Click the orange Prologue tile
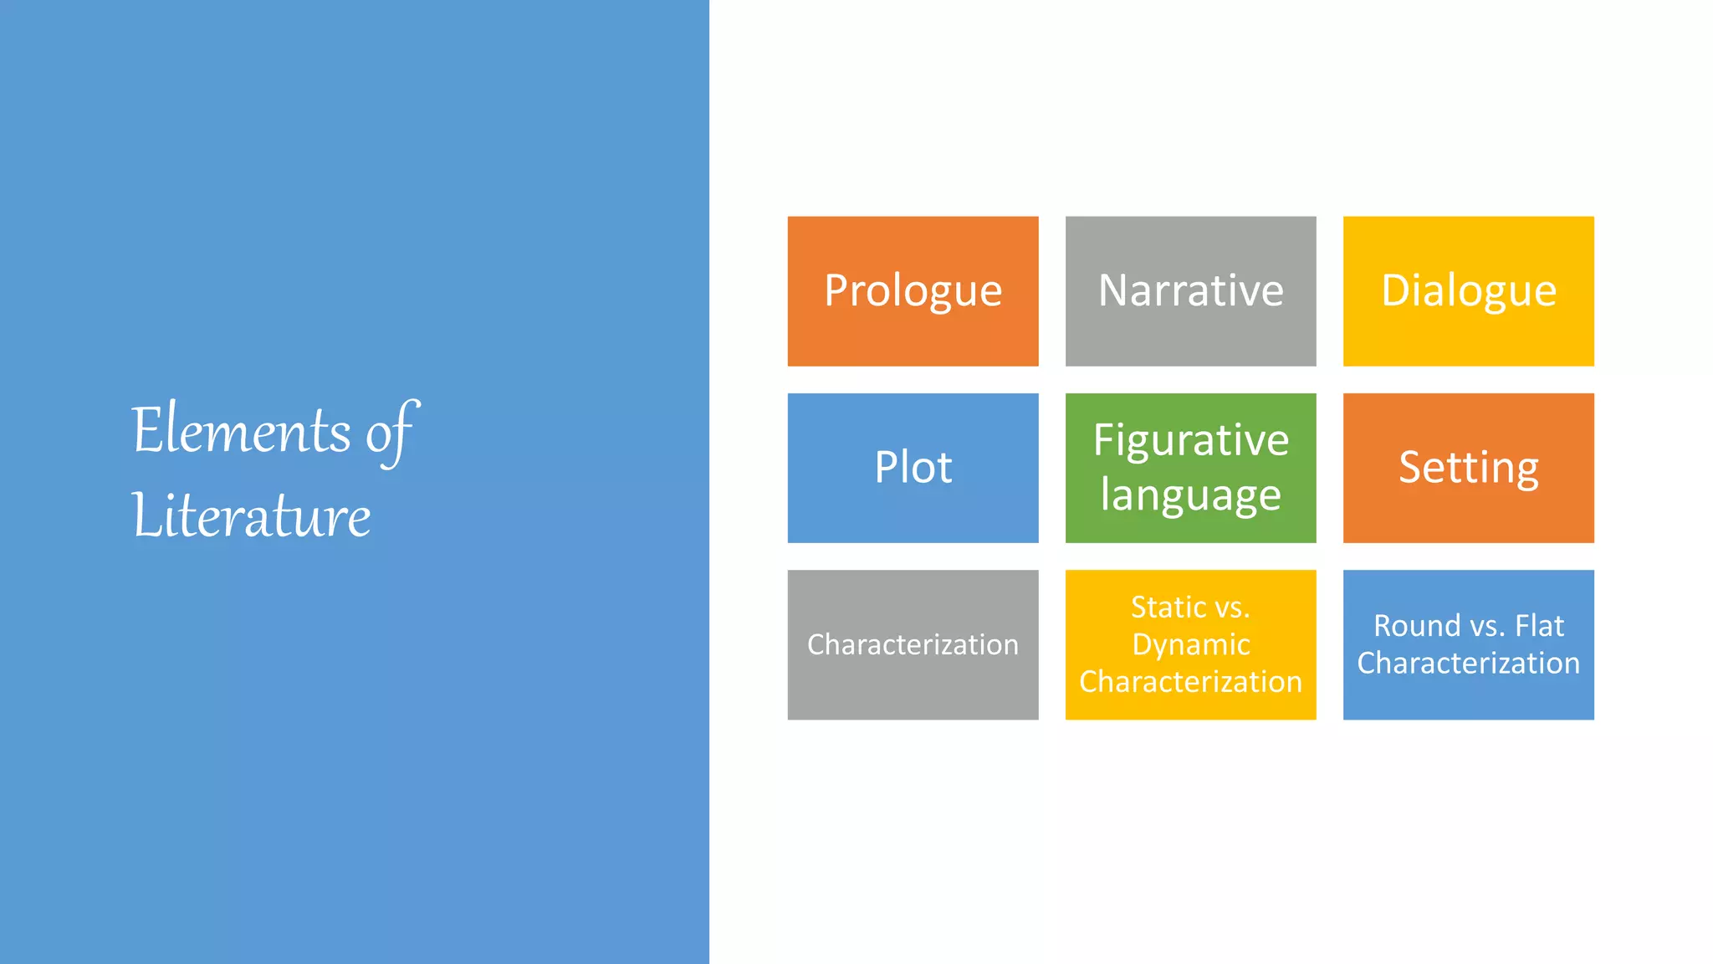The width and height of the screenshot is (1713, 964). (x=913, y=291)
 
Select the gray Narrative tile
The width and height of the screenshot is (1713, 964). (x=1190, y=291)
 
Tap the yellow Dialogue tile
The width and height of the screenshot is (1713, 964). (x=1468, y=291)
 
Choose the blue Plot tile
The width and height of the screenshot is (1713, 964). (x=913, y=468)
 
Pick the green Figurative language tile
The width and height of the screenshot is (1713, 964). (x=1190, y=468)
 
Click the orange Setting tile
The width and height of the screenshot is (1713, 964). (x=1468, y=468)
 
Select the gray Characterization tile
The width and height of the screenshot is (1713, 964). (x=913, y=644)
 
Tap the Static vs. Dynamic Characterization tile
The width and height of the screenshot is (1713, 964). (x=1190, y=644)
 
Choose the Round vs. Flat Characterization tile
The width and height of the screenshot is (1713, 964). (x=1468, y=644)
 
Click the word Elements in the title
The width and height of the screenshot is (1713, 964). (x=241, y=431)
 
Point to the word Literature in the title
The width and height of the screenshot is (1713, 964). (x=251, y=516)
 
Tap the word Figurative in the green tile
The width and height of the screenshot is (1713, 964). (x=1190, y=441)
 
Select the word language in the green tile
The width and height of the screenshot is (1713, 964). (x=1190, y=495)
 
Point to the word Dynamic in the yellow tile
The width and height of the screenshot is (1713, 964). (x=1190, y=645)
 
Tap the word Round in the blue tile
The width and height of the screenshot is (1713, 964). (x=1416, y=626)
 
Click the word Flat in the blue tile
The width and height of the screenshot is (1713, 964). (x=1539, y=626)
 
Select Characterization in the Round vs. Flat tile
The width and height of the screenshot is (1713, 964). (x=1468, y=664)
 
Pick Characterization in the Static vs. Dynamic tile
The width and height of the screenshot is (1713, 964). (x=1190, y=682)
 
